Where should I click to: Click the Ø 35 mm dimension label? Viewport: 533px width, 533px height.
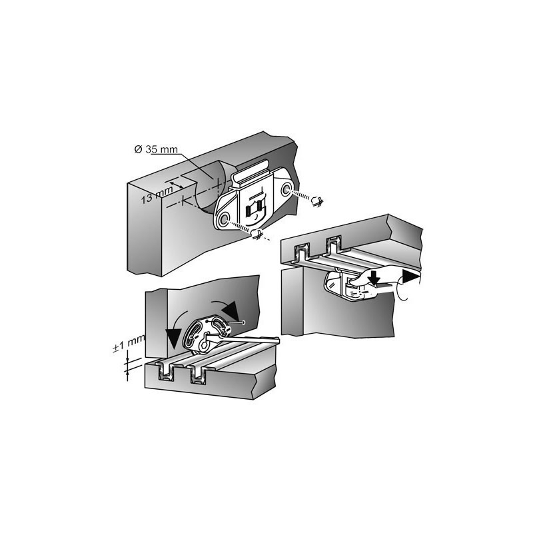pyautogui.click(x=156, y=149)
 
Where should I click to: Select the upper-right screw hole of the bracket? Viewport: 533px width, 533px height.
pyautogui.click(x=286, y=189)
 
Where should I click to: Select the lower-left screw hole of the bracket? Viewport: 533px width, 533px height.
pyautogui.click(x=224, y=219)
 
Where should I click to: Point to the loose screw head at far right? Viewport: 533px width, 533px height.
pyautogui.click(x=317, y=201)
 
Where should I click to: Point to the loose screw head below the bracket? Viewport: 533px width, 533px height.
pyautogui.click(x=257, y=234)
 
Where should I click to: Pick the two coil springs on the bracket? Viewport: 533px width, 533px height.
pyautogui.click(x=255, y=208)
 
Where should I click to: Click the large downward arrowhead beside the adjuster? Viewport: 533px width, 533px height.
pyautogui.click(x=175, y=339)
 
